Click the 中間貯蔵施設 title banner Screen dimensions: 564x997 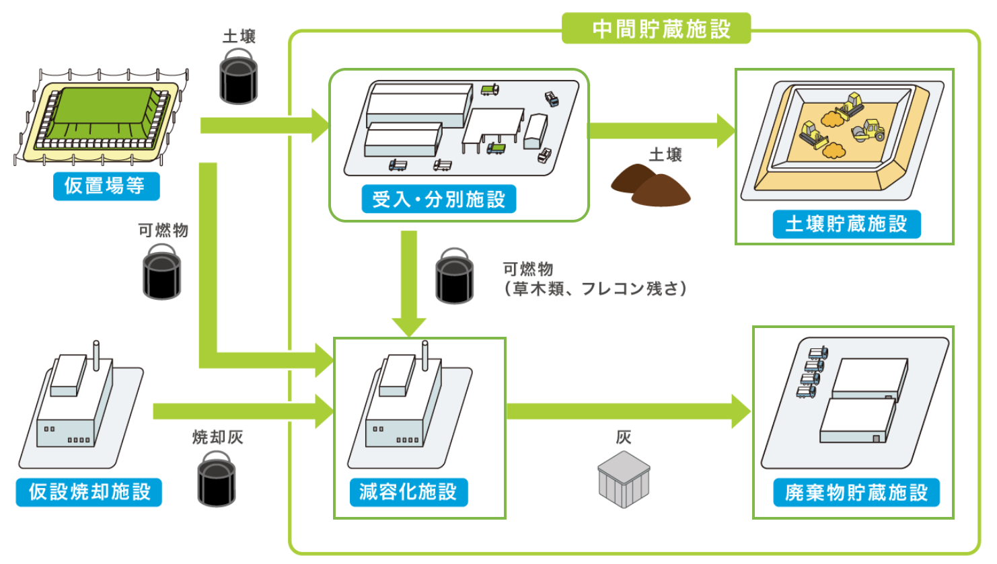point(656,29)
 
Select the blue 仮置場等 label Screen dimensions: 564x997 point(106,186)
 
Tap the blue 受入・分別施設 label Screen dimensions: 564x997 point(439,199)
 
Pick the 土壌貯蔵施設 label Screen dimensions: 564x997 point(846,224)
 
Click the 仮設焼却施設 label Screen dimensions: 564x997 point(89,491)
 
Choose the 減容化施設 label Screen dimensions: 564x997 point(408,491)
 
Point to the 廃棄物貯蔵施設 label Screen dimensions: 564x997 point(856,492)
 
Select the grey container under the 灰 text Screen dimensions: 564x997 point(624,479)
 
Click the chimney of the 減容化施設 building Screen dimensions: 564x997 point(425,355)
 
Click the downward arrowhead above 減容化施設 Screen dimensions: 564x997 point(408,326)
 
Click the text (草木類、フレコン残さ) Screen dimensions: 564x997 point(595,289)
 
